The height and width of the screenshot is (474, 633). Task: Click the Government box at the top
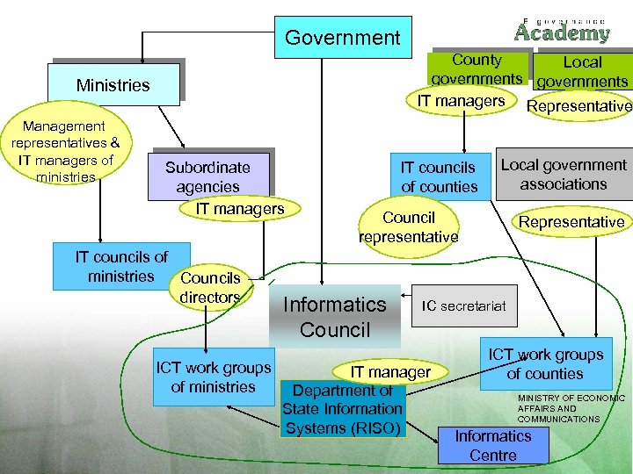[342, 38]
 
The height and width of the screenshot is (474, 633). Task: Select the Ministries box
[113, 85]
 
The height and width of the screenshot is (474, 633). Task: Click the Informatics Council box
[334, 317]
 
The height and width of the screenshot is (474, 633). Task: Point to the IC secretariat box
[463, 305]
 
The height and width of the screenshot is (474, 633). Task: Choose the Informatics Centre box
[492, 445]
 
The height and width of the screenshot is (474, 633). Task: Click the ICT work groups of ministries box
[213, 377]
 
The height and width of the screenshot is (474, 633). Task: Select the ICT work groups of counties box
[545, 363]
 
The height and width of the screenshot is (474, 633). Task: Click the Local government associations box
[564, 174]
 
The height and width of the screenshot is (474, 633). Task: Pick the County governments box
[476, 68]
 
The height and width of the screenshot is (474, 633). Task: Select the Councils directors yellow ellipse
[210, 287]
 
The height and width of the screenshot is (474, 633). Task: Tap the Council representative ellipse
[408, 226]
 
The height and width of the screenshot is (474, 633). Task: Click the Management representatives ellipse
[66, 152]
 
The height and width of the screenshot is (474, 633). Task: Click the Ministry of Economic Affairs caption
[571, 408]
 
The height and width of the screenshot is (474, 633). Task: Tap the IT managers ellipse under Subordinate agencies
[240, 208]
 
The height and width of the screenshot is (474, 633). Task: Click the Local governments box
[582, 71]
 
